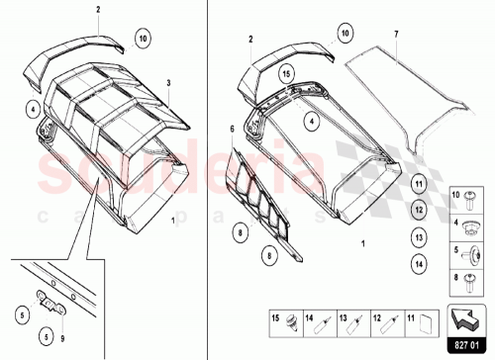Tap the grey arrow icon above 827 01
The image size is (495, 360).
click(465, 319)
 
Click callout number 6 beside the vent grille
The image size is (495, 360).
click(233, 131)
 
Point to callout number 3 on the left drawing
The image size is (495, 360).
click(168, 84)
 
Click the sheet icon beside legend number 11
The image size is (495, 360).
click(424, 320)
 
